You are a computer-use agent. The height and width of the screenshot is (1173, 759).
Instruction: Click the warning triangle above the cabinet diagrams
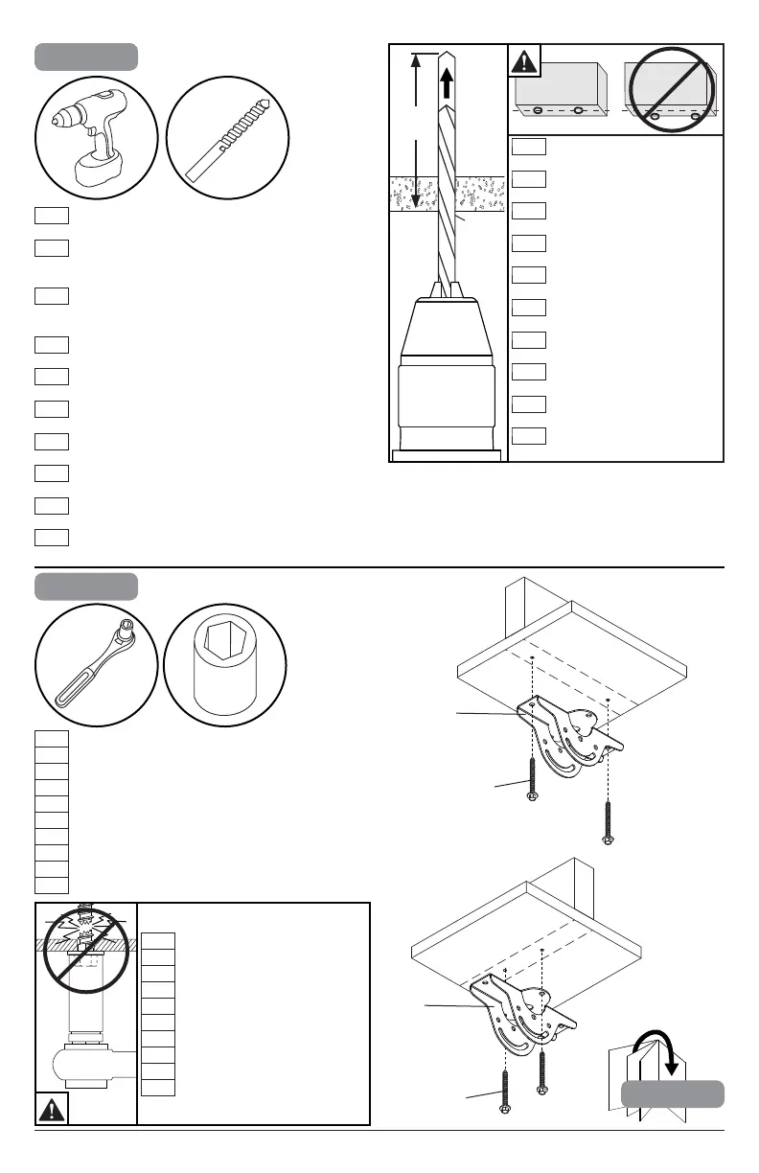(523, 62)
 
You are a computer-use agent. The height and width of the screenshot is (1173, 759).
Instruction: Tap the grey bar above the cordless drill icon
(85, 57)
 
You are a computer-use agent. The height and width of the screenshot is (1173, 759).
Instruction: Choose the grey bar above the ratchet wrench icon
(85, 586)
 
